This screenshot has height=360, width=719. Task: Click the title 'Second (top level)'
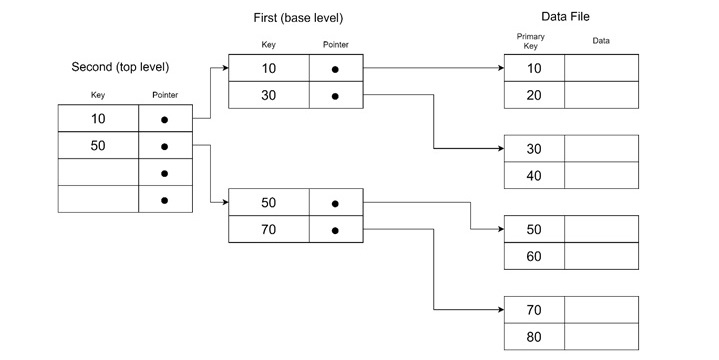[120, 67]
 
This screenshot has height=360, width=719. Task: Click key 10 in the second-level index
[98, 119]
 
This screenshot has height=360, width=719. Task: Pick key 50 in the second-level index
[98, 146]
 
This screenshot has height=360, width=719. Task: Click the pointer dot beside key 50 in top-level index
[164, 147]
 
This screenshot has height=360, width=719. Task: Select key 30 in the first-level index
[268, 96]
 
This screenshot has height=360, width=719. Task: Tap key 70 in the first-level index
[268, 230]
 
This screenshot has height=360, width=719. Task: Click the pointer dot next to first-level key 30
[335, 97]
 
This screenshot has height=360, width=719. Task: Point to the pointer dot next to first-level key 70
[335, 230]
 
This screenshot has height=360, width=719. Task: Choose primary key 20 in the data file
[534, 95]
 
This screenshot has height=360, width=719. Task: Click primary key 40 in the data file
[534, 176]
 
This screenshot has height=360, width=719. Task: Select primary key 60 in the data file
[534, 257]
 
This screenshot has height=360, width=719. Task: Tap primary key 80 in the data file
[534, 337]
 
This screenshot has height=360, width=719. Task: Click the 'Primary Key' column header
[531, 41]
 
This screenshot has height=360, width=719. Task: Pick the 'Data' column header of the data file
[601, 41]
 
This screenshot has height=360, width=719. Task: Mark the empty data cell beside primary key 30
[601, 148]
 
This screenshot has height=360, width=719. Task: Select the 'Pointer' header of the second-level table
[165, 96]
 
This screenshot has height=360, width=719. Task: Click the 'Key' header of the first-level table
[268, 45]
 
